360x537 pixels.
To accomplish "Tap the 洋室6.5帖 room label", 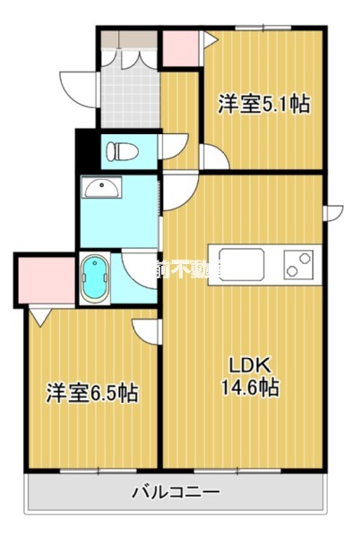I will point(92,393).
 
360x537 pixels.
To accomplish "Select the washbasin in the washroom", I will point(100,189).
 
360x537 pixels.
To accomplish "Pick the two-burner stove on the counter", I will point(296,264).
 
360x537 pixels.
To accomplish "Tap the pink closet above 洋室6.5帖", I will point(44,279).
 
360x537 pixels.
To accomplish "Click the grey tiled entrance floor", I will point(130,94).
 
